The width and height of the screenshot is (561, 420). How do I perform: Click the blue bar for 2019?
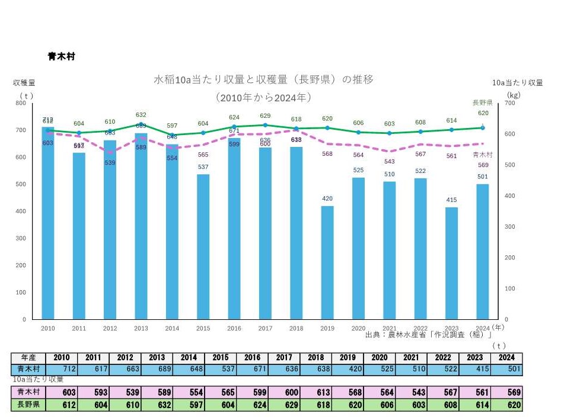pyautogui.click(x=327, y=262)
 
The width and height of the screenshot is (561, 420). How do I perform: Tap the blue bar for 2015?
pyautogui.click(x=203, y=246)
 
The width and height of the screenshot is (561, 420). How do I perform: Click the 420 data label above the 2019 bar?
pyautogui.click(x=327, y=199)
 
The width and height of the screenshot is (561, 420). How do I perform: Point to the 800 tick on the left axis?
pyautogui.click(x=21, y=103)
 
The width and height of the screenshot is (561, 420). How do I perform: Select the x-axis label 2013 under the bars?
pyautogui.click(x=141, y=328)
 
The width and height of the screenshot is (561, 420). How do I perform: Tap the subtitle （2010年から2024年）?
pyautogui.click(x=263, y=97)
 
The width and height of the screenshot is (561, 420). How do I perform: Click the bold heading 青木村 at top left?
pyautogui.click(x=61, y=57)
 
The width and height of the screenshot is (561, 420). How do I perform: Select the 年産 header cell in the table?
pyautogui.click(x=28, y=358)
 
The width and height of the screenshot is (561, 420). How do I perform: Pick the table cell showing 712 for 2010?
pyautogui.click(x=62, y=369)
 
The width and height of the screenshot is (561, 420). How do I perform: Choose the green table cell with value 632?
pyautogui.click(x=157, y=406)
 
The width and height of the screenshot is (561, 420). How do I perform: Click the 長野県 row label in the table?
pyautogui.click(x=28, y=406)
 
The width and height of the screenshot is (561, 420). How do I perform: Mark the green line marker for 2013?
pyautogui.click(x=141, y=124)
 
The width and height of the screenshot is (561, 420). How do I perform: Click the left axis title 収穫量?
pyautogui.click(x=24, y=83)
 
